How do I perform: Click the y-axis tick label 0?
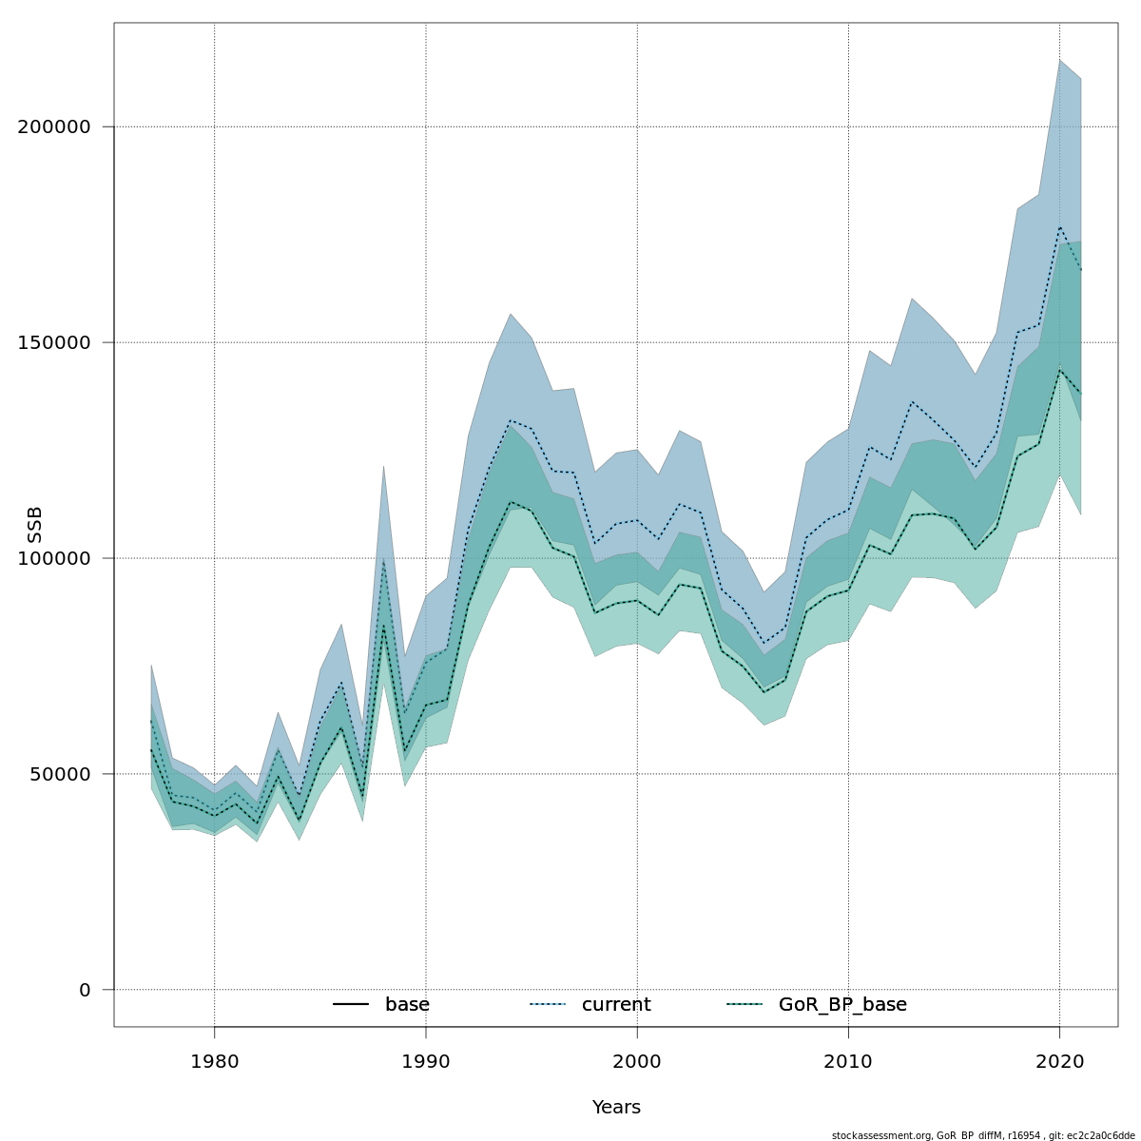click(x=86, y=991)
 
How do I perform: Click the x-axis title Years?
click(x=616, y=1108)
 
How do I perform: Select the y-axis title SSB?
click(x=35, y=525)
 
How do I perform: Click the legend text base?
click(x=407, y=1005)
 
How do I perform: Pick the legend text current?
click(x=616, y=1005)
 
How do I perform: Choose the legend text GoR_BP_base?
click(x=842, y=1005)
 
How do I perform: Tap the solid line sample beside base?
click(x=351, y=1005)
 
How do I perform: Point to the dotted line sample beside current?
click(x=548, y=1005)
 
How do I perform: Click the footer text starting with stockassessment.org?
click(x=983, y=1135)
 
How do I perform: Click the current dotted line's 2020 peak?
click(x=1059, y=226)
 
